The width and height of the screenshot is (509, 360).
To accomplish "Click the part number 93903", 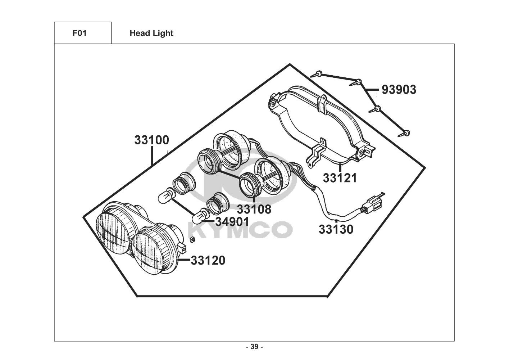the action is click(x=399, y=90).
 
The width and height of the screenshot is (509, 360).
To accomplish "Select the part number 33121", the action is click(x=340, y=178).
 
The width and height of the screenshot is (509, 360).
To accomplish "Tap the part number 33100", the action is click(x=152, y=140).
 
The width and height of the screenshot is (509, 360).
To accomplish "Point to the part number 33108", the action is click(x=254, y=209).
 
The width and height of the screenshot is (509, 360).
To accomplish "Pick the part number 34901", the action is click(x=232, y=222).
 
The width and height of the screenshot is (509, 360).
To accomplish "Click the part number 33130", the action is click(x=336, y=229).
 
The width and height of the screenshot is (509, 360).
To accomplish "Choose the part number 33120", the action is click(x=208, y=260).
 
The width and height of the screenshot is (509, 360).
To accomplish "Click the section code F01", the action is click(x=79, y=33).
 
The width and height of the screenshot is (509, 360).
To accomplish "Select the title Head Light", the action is click(x=151, y=33).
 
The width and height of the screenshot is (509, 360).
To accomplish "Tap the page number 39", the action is click(x=255, y=347).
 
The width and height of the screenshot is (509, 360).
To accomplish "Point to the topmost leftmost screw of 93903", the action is click(x=316, y=74).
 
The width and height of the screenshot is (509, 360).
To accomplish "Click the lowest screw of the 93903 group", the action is click(x=404, y=134).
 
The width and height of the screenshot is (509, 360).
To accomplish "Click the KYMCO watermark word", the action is click(x=240, y=230).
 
